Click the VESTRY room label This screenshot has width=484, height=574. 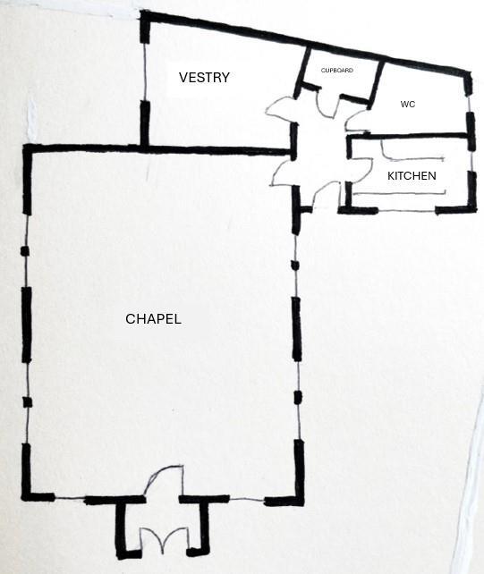(x=204, y=78)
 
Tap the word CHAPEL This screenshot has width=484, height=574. (x=153, y=319)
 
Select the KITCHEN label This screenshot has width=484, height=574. (x=412, y=176)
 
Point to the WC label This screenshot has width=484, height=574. (x=408, y=105)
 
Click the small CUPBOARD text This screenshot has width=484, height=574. (x=337, y=71)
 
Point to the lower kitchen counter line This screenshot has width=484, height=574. (x=399, y=193)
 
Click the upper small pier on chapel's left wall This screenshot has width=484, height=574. (x=24, y=251)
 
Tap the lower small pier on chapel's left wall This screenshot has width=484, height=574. (x=28, y=402)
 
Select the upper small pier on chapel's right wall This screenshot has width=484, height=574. (x=294, y=265)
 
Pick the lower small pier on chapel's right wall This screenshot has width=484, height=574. (x=298, y=397)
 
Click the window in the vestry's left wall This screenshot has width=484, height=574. (x=144, y=72)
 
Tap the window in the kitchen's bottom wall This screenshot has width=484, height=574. (x=407, y=211)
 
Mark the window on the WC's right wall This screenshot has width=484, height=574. (x=469, y=105)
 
